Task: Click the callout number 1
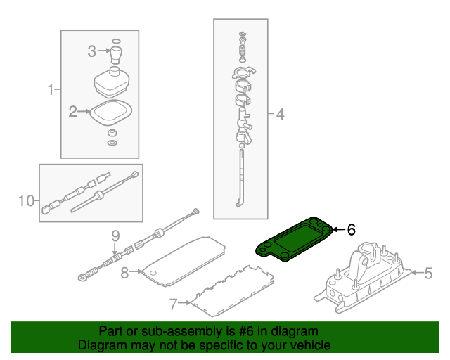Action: pos(51,90)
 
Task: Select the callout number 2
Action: pos(72,111)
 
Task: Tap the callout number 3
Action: pos(92,51)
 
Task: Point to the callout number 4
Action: pos(280,114)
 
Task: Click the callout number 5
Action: pos(427,272)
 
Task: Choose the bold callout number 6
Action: pos(351,229)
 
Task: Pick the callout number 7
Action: pos(174,304)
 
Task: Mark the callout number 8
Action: pos(124,272)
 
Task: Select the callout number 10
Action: pos(25,201)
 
